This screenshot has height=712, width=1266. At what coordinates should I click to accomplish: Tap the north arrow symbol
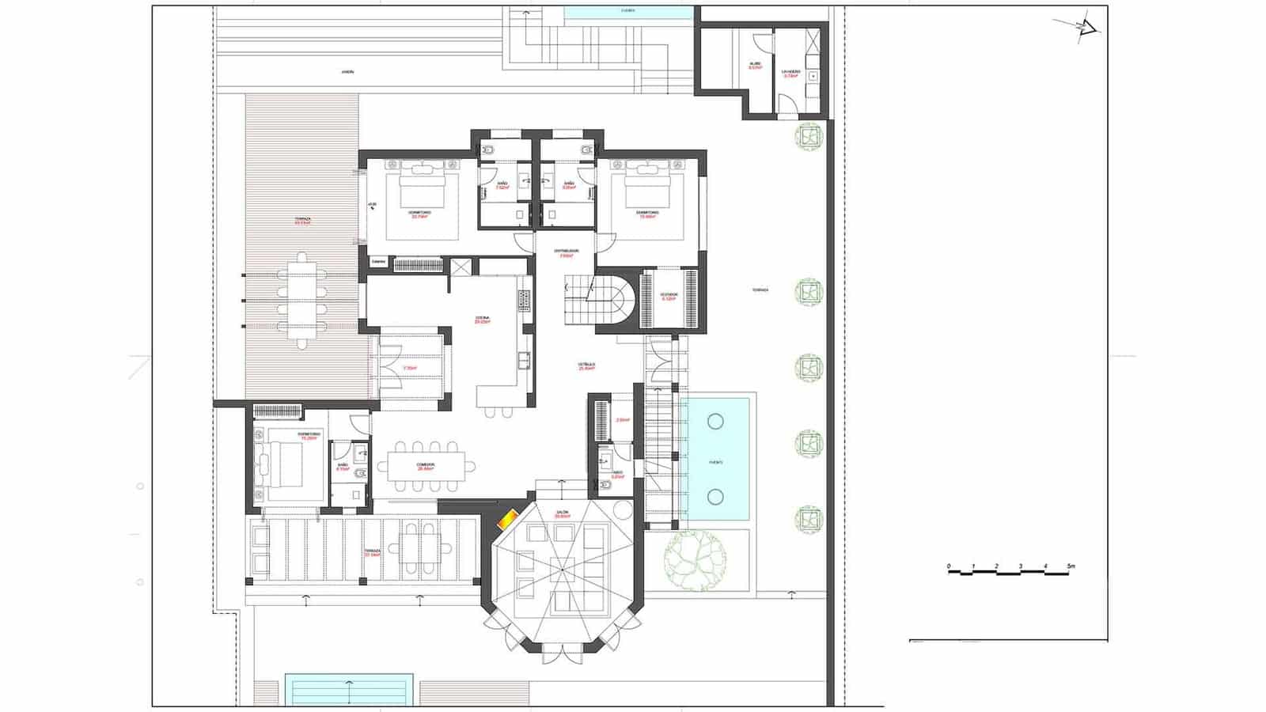1085,28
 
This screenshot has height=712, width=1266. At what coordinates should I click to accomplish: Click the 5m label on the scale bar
1071,566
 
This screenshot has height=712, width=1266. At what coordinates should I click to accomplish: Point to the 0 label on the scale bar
949,566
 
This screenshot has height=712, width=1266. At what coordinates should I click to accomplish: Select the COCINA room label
482,318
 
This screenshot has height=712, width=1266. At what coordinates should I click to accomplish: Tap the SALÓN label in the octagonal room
563,513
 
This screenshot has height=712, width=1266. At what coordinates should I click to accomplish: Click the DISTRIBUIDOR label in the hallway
566,252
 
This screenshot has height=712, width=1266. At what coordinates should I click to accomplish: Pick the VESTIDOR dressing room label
669,295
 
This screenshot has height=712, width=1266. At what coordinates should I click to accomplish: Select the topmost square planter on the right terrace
809,137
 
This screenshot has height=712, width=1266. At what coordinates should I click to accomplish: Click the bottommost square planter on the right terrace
809,520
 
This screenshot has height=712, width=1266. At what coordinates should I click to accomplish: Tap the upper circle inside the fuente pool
716,421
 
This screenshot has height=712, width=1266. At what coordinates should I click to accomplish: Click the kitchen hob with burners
523,300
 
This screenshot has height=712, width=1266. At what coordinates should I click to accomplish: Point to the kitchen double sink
523,361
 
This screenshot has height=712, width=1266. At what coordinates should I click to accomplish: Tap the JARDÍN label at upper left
347,72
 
